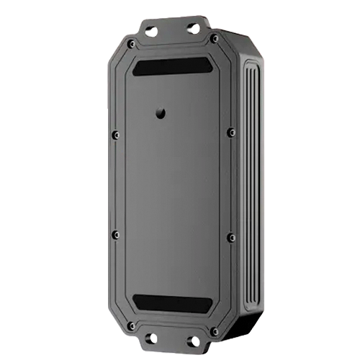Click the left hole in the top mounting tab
coord(150,30)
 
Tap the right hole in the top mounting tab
coord(192,27)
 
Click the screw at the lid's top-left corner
coord(130,44)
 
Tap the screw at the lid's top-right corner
coord(214,38)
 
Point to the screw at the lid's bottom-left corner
coord(130,325)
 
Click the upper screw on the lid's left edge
coord(114,134)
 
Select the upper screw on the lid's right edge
coord(230,132)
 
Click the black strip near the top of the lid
coord(171,66)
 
